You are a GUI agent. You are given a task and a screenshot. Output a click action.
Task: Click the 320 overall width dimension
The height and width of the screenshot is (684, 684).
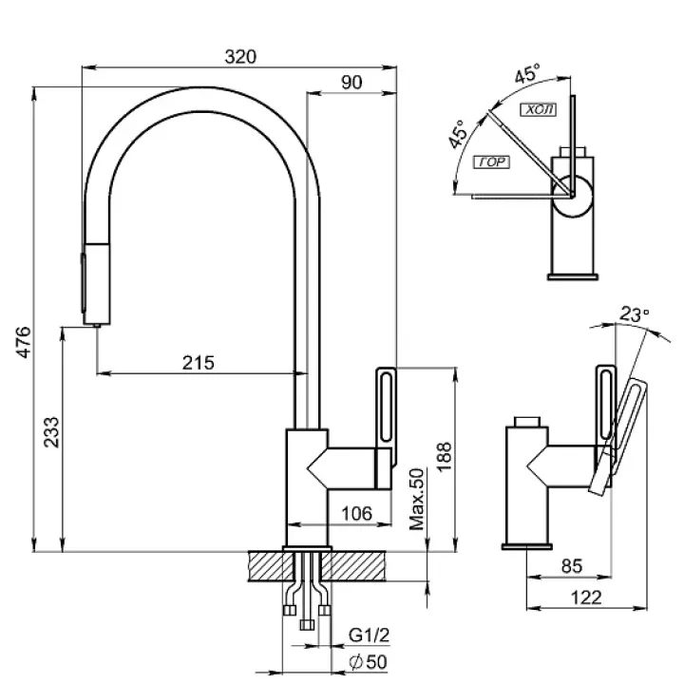(x=241, y=56)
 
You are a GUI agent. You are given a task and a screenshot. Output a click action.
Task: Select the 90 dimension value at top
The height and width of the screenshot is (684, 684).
(x=351, y=83)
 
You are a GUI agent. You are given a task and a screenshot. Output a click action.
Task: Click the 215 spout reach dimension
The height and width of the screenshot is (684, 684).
(x=199, y=362)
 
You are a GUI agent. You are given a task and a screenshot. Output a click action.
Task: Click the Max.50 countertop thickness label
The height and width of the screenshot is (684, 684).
(x=415, y=499)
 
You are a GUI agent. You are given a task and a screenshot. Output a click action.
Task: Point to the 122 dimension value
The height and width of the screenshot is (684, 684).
(x=590, y=597)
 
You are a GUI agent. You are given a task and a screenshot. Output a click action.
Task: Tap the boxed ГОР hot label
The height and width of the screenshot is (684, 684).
(x=491, y=162)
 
